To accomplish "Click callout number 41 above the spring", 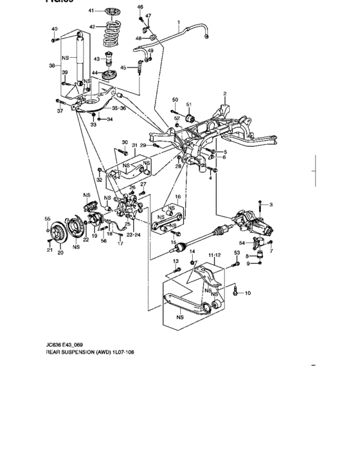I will pyautogui.click(x=91, y=11).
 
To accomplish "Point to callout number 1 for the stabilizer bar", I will pyautogui.click(x=178, y=22).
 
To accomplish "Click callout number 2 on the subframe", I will pyautogui.click(x=225, y=94).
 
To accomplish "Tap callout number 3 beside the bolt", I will pyautogui.click(x=271, y=204).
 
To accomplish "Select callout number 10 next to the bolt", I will pyautogui.click(x=248, y=293).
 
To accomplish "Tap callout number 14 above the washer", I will pyautogui.click(x=191, y=251).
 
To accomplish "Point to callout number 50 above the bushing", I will pyautogui.click(x=174, y=100).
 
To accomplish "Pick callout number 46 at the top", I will pyautogui.click(x=140, y=6).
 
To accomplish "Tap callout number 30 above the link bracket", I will pyautogui.click(x=125, y=142).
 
